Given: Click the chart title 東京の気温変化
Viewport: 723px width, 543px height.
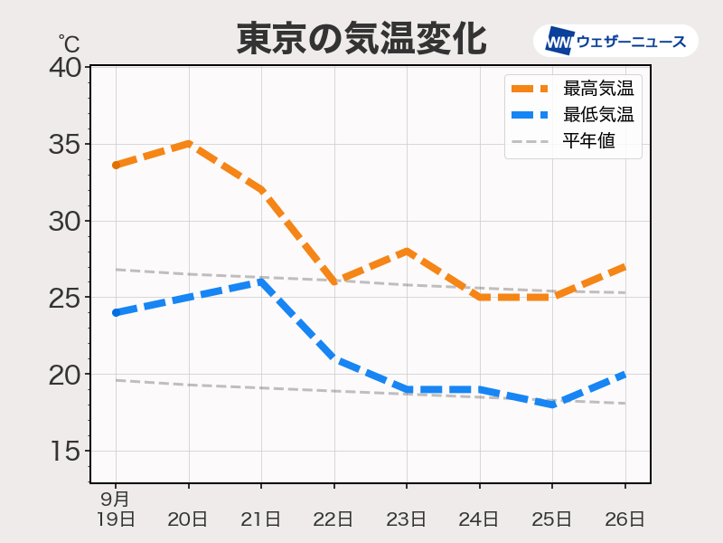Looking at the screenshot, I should [361, 38].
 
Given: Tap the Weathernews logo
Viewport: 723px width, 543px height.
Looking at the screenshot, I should [615, 41].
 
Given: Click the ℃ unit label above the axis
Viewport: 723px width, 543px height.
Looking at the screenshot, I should [69, 43].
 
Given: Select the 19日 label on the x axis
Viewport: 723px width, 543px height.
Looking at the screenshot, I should [116, 519].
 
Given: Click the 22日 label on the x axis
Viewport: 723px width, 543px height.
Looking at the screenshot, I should [333, 519].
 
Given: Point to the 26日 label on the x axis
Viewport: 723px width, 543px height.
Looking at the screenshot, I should [624, 519].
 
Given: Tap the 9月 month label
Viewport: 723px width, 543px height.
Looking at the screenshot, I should [115, 499].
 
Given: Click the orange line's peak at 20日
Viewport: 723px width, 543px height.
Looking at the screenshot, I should [189, 143].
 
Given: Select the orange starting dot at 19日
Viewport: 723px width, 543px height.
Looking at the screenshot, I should [116, 165].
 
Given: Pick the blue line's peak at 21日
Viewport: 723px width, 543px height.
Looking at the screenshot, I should [261, 281].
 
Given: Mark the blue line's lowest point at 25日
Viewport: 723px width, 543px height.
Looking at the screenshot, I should [552, 405].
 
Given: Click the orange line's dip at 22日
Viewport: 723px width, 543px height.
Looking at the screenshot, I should [334, 281].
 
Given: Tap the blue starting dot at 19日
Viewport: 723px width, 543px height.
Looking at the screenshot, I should [116, 312].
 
